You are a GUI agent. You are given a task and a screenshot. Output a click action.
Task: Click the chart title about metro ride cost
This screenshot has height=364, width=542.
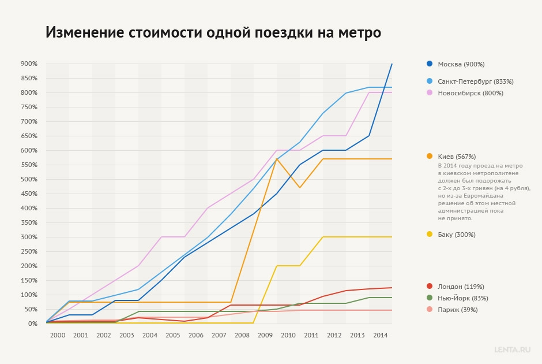(x=213, y=32)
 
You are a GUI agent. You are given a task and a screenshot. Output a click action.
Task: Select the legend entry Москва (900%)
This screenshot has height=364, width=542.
(x=461, y=64)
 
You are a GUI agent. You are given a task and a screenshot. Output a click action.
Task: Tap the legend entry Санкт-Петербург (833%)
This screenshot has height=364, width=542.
(x=475, y=81)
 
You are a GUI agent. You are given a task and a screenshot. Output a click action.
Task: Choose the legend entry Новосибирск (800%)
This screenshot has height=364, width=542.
(x=470, y=93)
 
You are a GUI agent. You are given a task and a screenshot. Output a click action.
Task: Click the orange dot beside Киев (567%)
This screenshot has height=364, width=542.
(x=430, y=157)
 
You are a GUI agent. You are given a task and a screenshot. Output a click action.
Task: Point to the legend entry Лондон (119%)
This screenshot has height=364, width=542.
(x=461, y=287)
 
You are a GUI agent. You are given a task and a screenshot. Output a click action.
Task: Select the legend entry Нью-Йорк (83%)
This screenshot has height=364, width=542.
(x=462, y=298)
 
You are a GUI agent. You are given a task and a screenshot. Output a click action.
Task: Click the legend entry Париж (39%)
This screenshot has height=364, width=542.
(x=457, y=310)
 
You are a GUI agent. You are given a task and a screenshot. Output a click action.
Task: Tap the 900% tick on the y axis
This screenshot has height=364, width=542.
(x=28, y=64)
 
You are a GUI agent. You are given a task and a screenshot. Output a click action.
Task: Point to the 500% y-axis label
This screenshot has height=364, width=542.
(x=28, y=179)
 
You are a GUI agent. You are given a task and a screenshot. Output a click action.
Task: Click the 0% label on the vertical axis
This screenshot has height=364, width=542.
(x=32, y=324)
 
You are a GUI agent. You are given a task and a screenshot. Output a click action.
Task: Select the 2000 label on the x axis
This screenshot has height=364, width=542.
(x=58, y=335)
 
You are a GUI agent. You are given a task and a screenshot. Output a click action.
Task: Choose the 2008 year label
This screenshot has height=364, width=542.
(x=242, y=335)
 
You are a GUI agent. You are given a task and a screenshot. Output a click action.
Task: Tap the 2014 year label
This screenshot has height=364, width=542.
(x=381, y=335)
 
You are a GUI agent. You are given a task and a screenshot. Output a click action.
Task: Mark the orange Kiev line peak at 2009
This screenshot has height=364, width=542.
(x=277, y=159)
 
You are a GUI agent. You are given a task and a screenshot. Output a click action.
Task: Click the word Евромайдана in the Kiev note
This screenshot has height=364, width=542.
(x=488, y=196)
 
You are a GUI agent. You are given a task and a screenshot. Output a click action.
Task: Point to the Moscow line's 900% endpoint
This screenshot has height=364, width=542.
(x=392, y=64)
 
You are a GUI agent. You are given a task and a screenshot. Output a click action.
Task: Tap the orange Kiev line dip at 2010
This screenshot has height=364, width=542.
(x=300, y=187)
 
